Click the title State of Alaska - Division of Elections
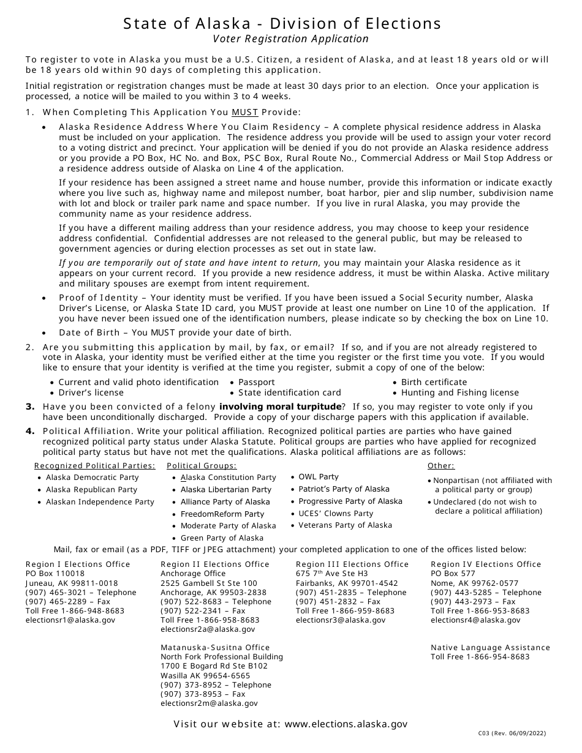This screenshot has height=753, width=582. (x=282, y=23)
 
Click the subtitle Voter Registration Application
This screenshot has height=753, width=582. (x=290, y=39)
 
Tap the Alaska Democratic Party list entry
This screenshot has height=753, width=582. (x=93, y=478)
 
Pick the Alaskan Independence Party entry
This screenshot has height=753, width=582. (x=100, y=502)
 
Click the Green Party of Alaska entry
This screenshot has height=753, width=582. (x=222, y=538)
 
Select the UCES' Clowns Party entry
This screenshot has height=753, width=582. (x=336, y=514)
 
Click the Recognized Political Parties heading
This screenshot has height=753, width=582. (x=95, y=466)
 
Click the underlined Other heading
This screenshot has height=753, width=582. (x=441, y=466)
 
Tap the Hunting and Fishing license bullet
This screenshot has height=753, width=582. (x=460, y=393)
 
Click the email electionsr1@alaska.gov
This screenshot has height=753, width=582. (x=70, y=620)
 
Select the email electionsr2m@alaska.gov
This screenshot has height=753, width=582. (x=209, y=703)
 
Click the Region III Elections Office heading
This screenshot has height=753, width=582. (x=352, y=564)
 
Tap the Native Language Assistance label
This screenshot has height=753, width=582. (x=490, y=648)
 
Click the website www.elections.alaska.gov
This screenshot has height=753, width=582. (x=346, y=724)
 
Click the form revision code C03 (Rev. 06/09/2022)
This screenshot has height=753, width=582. (x=512, y=733)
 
